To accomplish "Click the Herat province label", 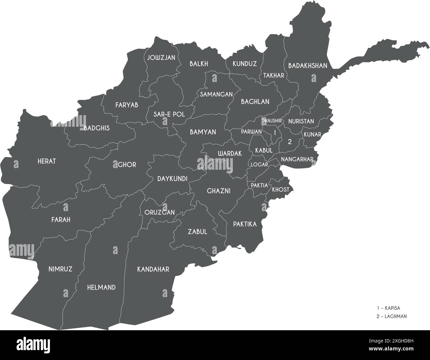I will pyautogui.click(x=47, y=161).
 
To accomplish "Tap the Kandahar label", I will pyautogui.click(x=153, y=269).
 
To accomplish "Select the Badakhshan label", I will pyautogui.click(x=308, y=66).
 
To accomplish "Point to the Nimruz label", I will pyautogui.click(x=60, y=268).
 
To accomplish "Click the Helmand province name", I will pyautogui.click(x=101, y=287).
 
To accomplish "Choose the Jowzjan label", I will pyautogui.click(x=161, y=57).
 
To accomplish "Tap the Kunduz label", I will pyautogui.click(x=244, y=64).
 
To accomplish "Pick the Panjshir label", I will pyautogui.click(x=272, y=121).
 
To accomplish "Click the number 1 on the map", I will pyautogui.click(x=274, y=132).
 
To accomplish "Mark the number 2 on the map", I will pyautogui.click(x=290, y=142).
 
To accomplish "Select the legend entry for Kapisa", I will pyautogui.click(x=388, y=308).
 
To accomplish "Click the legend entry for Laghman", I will pyautogui.click(x=392, y=316).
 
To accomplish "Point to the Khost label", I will pyautogui.click(x=280, y=190).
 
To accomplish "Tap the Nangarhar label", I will pyautogui.click(x=297, y=159).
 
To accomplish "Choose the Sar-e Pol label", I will pyautogui.click(x=169, y=114).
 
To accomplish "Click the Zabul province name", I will pyautogui.click(x=197, y=231).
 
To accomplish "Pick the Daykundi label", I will pyautogui.click(x=172, y=179).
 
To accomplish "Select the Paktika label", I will pyautogui.click(x=245, y=224).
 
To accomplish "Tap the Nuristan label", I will pyautogui.click(x=301, y=121).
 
